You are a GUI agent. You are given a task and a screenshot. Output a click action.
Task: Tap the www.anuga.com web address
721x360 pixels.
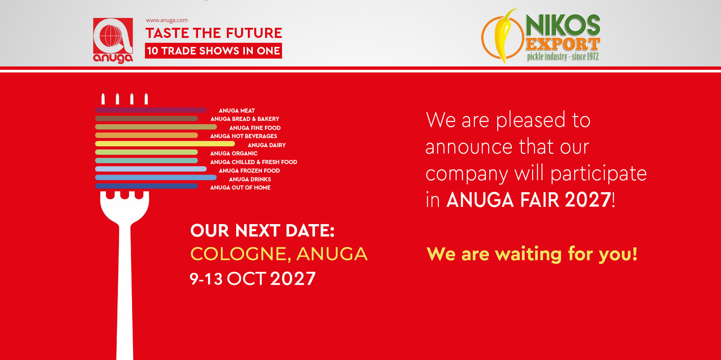(x=167, y=20)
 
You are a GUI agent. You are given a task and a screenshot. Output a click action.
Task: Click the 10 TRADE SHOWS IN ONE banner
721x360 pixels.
(x=213, y=51)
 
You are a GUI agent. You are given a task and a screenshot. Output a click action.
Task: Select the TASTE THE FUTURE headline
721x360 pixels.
(x=214, y=33)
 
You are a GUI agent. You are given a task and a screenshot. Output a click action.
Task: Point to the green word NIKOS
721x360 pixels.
(x=563, y=26)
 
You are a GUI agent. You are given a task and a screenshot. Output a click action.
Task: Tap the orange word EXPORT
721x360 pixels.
(x=563, y=44)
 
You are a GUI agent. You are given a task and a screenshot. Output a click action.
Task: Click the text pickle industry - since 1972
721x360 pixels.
(x=563, y=57)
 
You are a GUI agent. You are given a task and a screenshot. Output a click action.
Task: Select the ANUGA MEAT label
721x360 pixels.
(x=237, y=111)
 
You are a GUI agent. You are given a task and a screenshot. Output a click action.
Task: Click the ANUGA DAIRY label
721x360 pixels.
(x=267, y=145)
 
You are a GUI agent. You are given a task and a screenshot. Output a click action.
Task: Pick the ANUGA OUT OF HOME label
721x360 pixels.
(x=240, y=188)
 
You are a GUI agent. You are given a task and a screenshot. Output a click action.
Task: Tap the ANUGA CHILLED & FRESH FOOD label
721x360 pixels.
(x=253, y=162)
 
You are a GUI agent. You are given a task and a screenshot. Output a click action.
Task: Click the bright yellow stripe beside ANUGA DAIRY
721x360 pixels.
(x=165, y=144)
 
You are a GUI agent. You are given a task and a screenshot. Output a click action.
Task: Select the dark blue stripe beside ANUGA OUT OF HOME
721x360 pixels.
(x=146, y=186)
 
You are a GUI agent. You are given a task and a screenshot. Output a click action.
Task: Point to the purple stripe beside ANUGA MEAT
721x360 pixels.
(x=151, y=110)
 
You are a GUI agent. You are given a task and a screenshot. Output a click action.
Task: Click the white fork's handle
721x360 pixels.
(x=125, y=293)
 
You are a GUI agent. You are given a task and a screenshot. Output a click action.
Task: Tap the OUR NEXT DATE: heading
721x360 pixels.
(x=262, y=230)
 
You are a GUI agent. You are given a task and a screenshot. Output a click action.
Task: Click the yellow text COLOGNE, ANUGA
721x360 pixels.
(x=279, y=254)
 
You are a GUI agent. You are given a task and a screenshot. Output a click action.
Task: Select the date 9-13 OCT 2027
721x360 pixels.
(x=253, y=279)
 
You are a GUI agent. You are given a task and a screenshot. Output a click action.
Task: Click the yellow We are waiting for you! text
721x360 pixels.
(x=532, y=254)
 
